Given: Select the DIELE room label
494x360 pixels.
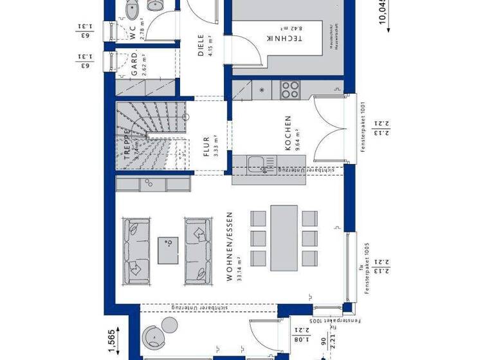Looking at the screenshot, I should pyautogui.click(x=200, y=46).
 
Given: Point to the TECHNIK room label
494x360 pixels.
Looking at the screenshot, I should pyautogui.click(x=293, y=38).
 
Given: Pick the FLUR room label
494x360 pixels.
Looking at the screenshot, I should pyautogui.click(x=206, y=147).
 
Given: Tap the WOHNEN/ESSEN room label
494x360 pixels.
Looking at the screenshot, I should pyautogui.click(x=228, y=248).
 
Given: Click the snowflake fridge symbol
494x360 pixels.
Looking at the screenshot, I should pyautogui.click(x=262, y=89).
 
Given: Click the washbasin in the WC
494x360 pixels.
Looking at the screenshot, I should pyautogui.click(x=156, y=5).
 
